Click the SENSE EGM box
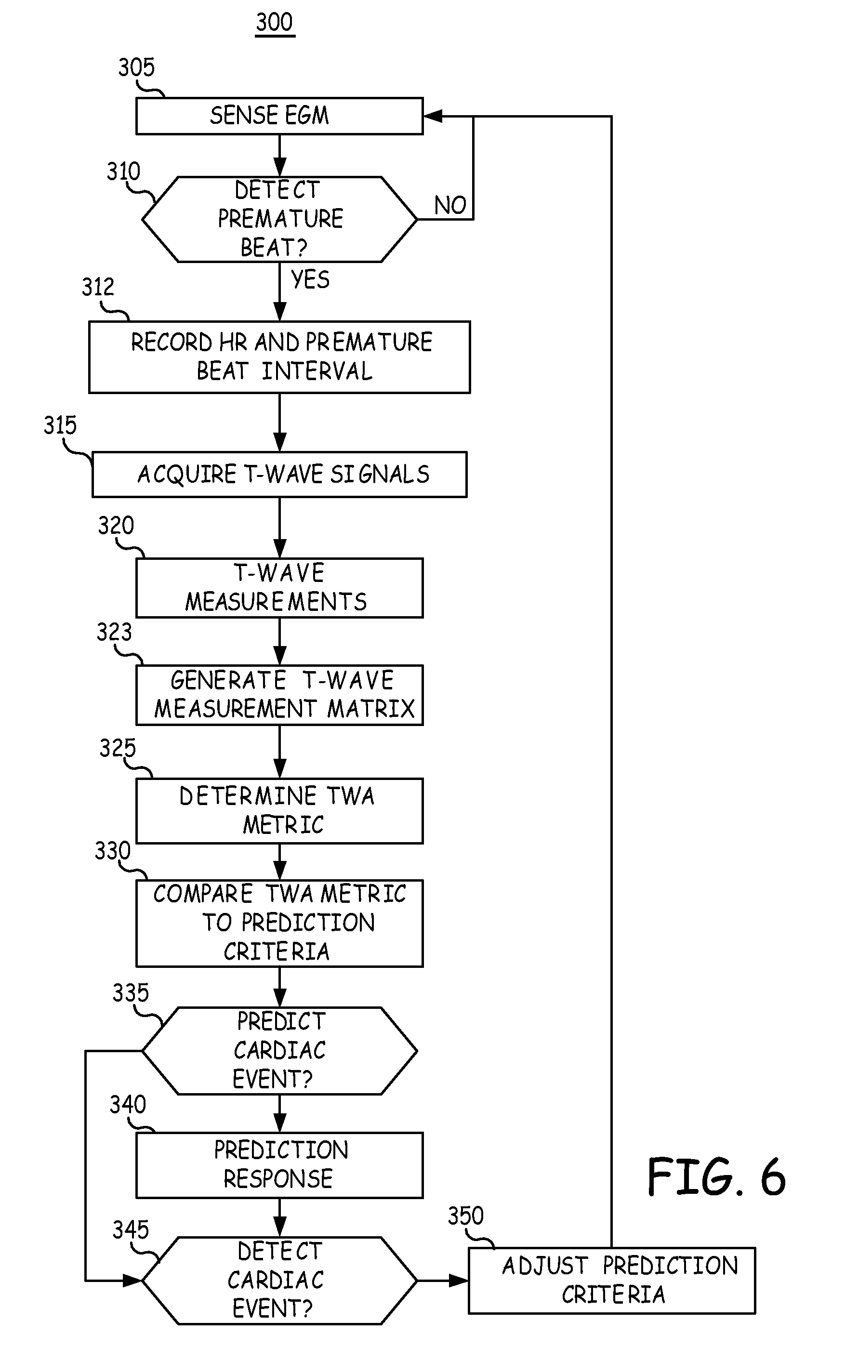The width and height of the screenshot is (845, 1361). coord(279,116)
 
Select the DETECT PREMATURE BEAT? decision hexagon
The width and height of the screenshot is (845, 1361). coord(279,220)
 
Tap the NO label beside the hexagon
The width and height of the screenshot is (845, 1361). coord(450,206)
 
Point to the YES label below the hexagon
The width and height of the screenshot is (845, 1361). coord(310,279)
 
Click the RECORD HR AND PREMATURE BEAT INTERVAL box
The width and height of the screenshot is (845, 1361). coord(279,357)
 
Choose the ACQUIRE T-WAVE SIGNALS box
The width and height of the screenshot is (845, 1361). coord(279,475)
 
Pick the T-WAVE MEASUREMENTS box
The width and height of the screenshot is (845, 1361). coord(279,588)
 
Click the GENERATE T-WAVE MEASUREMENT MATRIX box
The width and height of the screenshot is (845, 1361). coord(279,695)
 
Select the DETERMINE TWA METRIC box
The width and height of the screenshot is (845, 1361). coord(279,811)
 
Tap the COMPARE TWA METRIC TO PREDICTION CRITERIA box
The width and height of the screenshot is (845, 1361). coord(279,923)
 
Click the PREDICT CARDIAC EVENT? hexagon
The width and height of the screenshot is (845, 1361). coord(279,1051)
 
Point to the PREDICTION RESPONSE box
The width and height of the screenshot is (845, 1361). coord(279,1165)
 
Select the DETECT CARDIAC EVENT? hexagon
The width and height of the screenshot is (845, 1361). coord(279,1281)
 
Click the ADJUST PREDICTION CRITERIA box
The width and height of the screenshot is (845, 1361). coord(612,1281)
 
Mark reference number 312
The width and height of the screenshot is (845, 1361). coord(98,287)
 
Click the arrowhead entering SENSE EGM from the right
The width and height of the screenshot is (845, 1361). coord(433,116)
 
